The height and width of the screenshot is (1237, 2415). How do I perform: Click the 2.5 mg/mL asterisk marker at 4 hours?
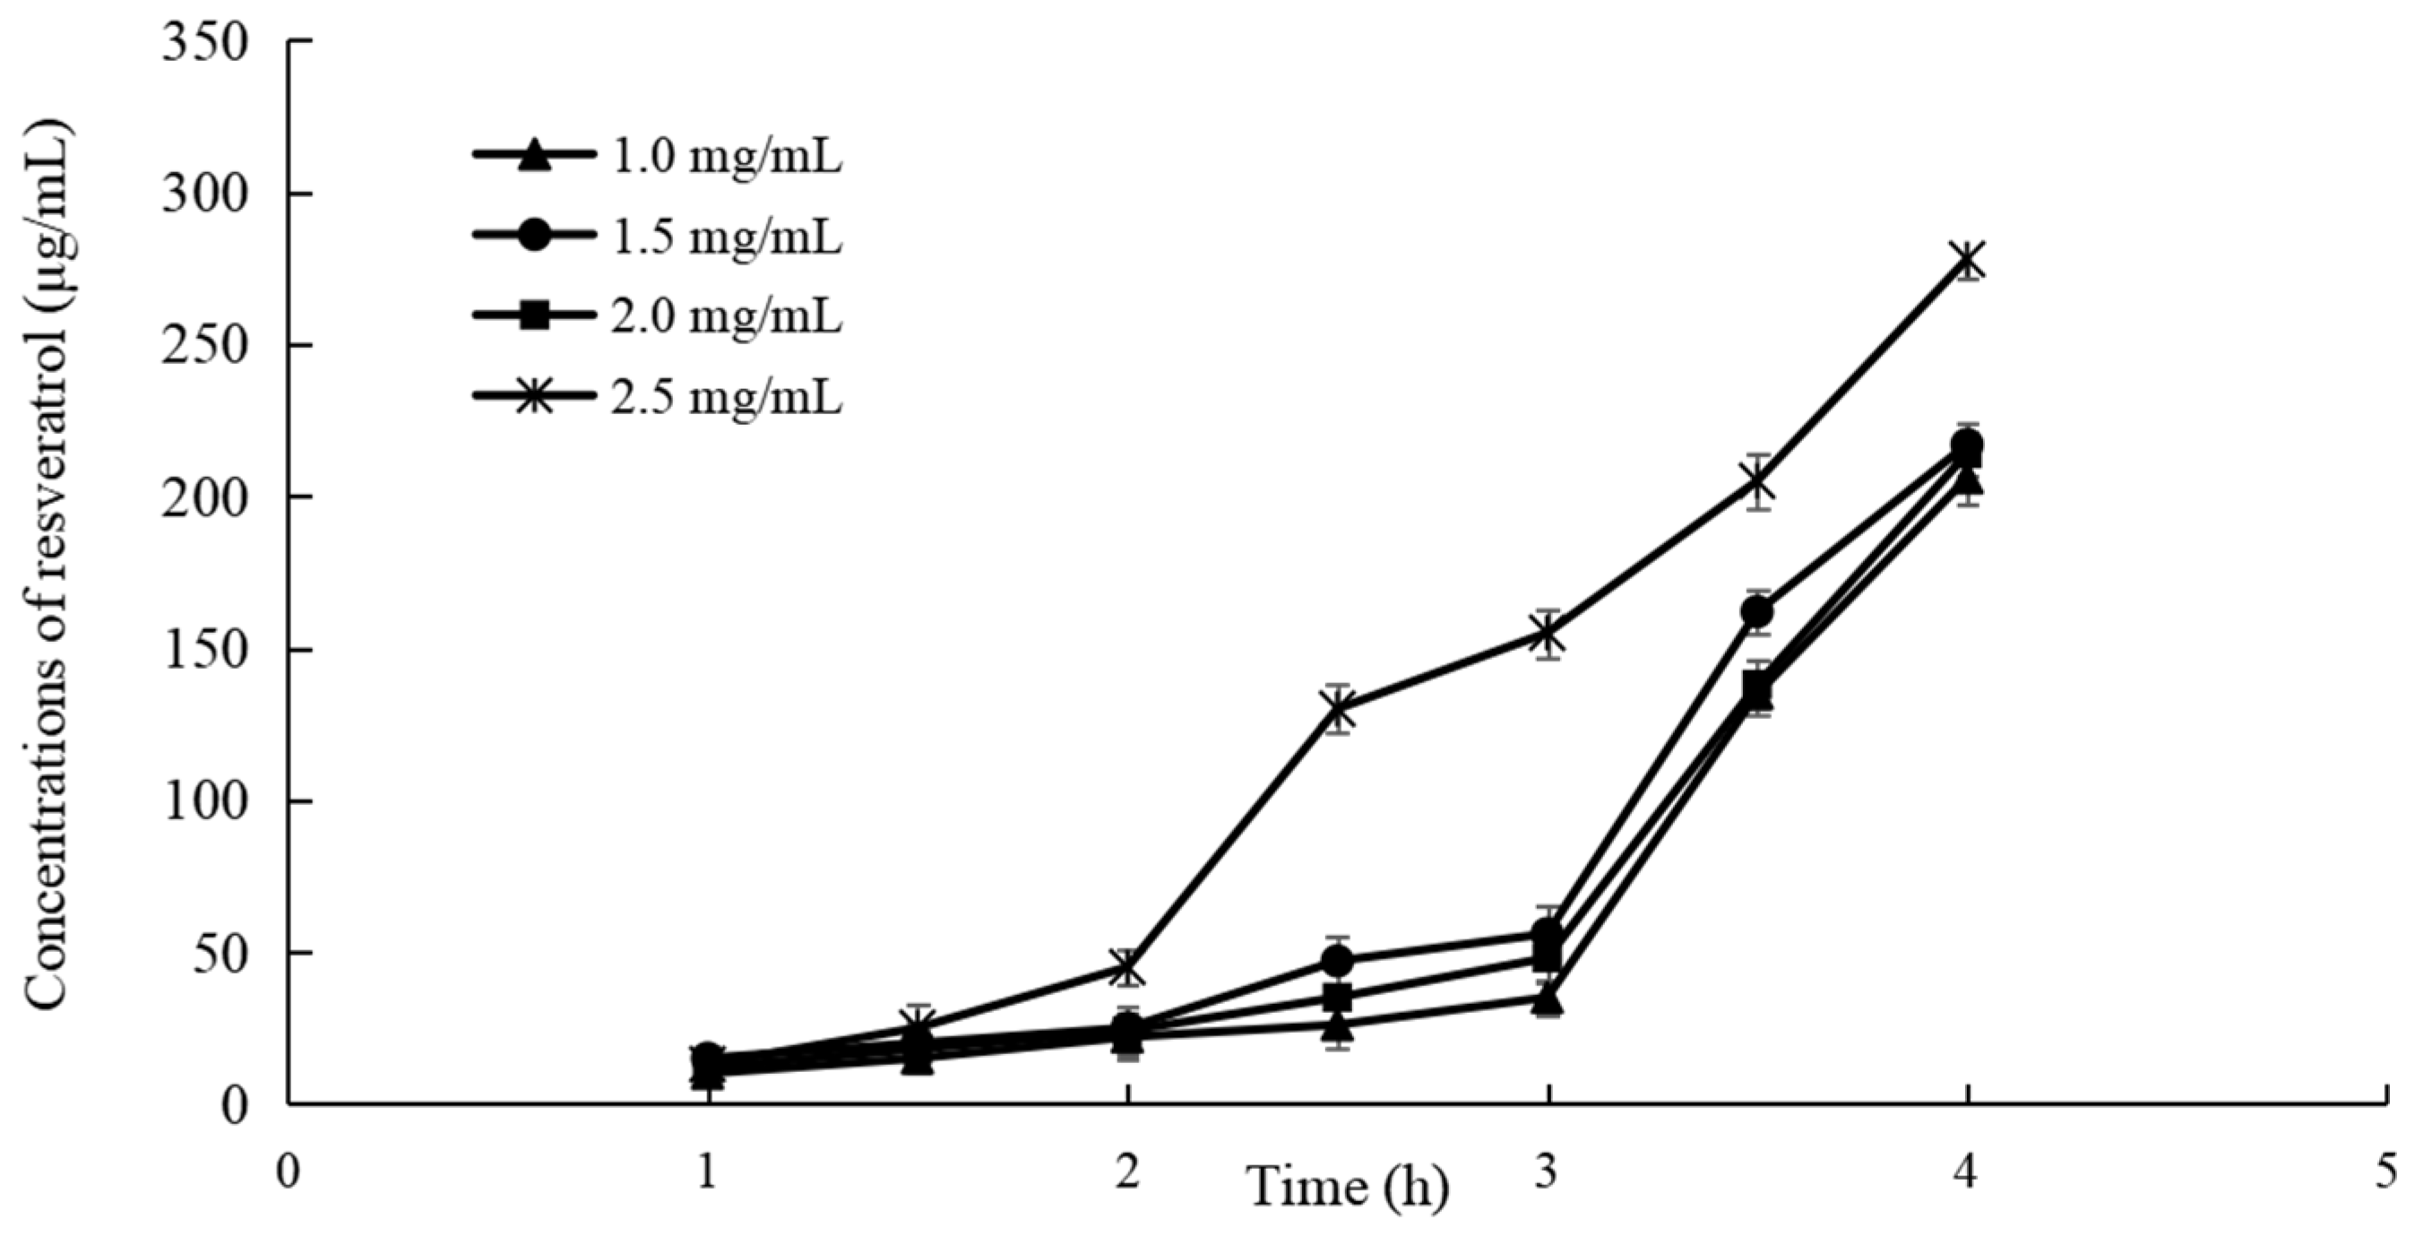(x=1967, y=260)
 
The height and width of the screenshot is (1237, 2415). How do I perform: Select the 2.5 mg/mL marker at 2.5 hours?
(x=1338, y=710)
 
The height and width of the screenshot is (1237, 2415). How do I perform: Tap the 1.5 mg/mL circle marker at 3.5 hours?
(x=1757, y=611)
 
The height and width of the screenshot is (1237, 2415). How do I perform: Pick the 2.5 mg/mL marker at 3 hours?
(x=1548, y=635)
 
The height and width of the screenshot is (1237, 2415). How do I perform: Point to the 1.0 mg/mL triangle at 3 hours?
(x=1548, y=1000)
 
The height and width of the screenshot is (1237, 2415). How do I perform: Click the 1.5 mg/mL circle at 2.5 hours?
(x=1338, y=961)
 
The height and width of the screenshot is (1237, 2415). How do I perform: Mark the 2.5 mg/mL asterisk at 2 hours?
(x=1128, y=968)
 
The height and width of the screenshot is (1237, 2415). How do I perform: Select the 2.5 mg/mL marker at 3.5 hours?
(x=1758, y=482)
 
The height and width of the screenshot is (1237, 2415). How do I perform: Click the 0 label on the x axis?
(x=289, y=1172)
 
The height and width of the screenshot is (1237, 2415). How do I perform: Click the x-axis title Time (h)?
(x=1347, y=1188)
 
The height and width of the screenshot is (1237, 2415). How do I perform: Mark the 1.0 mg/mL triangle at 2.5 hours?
(x=1338, y=1027)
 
